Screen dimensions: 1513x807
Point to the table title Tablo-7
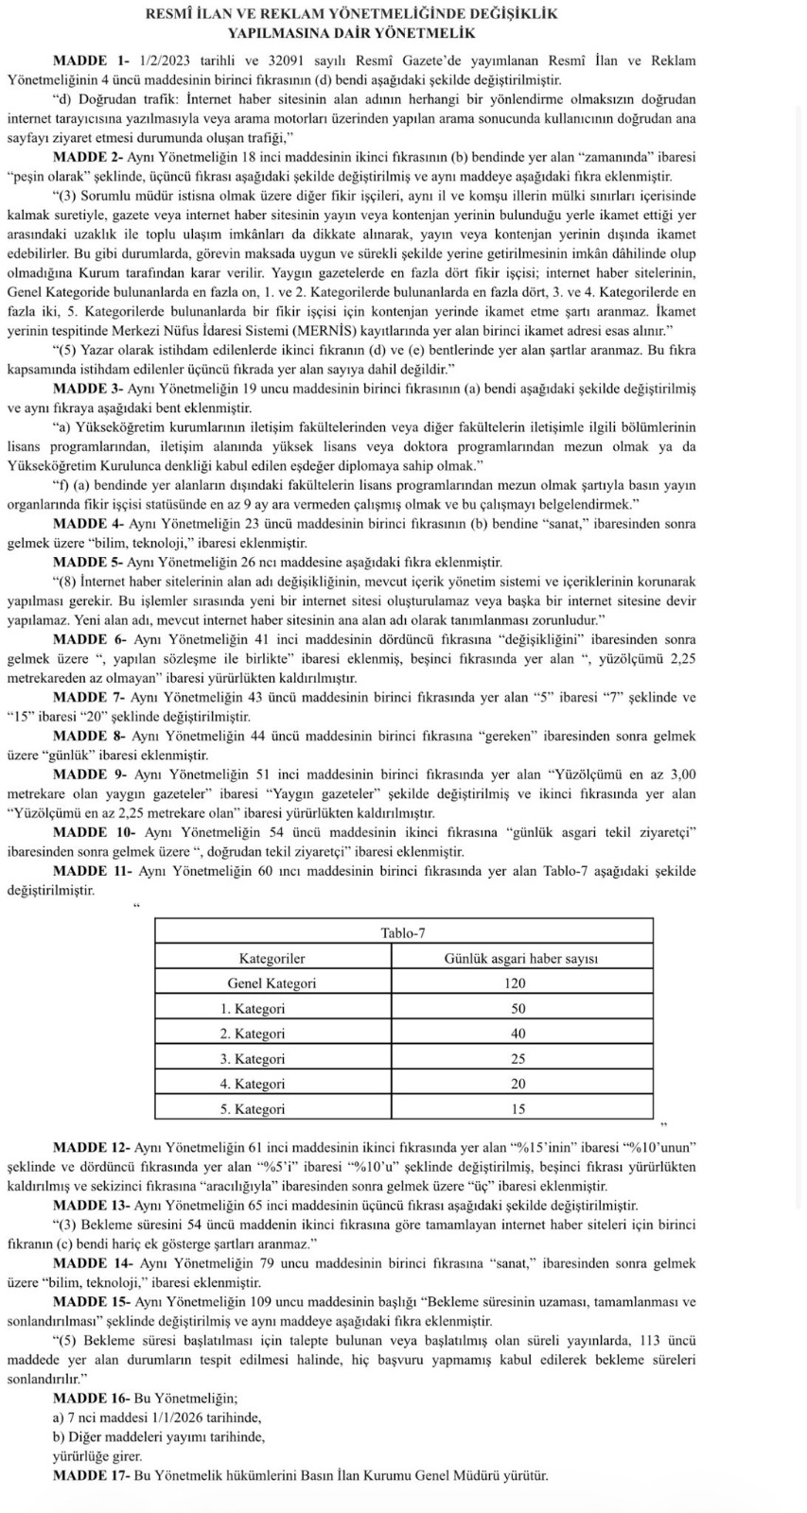(403, 933)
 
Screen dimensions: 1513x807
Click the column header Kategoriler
(272, 959)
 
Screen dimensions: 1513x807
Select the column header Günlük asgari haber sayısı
(520, 959)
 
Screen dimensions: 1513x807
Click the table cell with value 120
(515, 983)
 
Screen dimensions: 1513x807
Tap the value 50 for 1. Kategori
(518, 1009)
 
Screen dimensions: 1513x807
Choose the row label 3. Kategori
(253, 1059)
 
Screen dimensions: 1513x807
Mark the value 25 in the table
(518, 1059)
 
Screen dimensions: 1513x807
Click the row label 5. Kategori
(253, 1109)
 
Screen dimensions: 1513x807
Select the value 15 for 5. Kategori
(518, 1109)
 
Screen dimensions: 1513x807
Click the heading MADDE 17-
(92, 1475)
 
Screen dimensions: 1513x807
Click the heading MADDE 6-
(90, 640)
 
